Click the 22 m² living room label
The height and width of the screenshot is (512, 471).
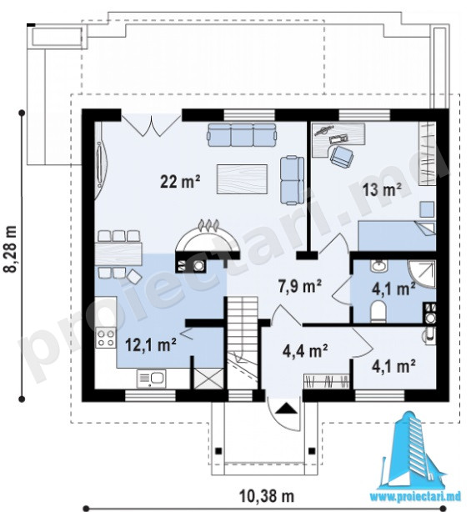pyautogui.click(x=180, y=181)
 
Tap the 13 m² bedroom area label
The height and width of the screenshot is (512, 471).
pyautogui.click(x=382, y=189)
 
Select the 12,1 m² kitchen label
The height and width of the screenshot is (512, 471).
pyautogui.click(x=151, y=345)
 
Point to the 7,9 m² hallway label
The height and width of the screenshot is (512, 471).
pyautogui.click(x=299, y=286)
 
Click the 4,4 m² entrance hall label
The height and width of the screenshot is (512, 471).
pyautogui.click(x=305, y=351)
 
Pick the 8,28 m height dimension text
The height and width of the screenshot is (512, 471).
pyautogui.click(x=9, y=248)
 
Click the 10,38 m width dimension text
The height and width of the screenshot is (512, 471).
pyautogui.click(x=267, y=496)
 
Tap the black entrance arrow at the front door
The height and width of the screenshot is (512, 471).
pyautogui.click(x=287, y=409)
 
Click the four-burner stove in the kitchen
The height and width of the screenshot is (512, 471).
pyautogui.click(x=106, y=338)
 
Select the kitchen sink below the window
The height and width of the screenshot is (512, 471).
pyautogui.click(x=151, y=379)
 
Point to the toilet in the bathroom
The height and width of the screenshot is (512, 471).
pyautogui.click(x=378, y=311)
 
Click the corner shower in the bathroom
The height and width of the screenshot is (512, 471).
pyautogui.click(x=422, y=274)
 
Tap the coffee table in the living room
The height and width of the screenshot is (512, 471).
pyautogui.click(x=242, y=179)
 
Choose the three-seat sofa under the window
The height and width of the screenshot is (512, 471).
pyautogui.click(x=242, y=135)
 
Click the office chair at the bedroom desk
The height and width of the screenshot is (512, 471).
pyautogui.click(x=342, y=156)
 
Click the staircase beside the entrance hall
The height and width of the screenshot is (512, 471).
pyautogui.click(x=243, y=342)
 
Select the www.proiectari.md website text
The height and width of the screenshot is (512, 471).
pyautogui.click(x=415, y=497)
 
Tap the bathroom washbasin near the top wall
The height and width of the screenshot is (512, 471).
pyautogui.click(x=378, y=266)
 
